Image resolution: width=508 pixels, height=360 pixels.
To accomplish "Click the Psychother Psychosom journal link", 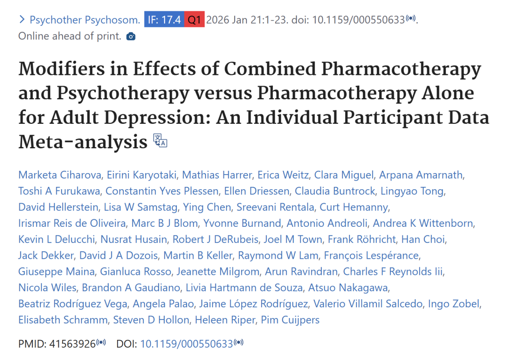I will click(x=85, y=20).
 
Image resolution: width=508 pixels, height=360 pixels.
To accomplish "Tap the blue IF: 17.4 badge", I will click(x=163, y=20).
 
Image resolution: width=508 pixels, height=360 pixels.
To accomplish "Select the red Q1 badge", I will click(x=194, y=20).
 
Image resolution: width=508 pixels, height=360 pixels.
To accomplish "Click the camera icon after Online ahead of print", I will click(x=131, y=36).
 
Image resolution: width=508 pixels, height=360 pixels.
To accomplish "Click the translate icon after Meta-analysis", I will click(x=160, y=141).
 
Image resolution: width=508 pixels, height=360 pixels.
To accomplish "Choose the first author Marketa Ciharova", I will click(x=59, y=175).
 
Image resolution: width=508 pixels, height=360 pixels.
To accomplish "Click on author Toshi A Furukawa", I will click(x=59, y=191).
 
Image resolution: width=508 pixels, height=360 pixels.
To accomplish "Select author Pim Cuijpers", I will click(x=290, y=320).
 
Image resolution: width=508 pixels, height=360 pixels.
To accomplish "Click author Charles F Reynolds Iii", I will click(x=393, y=272).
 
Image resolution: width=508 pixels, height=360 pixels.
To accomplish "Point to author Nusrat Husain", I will click(x=136, y=240).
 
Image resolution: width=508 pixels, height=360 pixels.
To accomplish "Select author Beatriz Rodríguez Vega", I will click(x=72, y=304).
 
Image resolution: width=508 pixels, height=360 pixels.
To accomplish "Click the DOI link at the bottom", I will click(x=186, y=344).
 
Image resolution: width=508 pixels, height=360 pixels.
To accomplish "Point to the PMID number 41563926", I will click(x=72, y=344).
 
